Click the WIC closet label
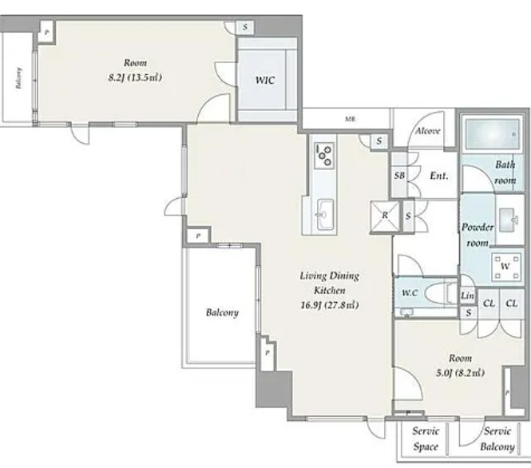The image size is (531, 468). coord(265,80)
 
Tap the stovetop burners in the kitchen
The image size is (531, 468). coord(324,156)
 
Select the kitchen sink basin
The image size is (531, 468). coord(325,214)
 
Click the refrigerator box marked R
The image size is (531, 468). coord(385,217)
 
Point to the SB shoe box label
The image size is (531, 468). coord(399,176)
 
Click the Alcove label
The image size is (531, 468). coord(428,131)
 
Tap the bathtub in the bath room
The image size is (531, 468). coord(493,134)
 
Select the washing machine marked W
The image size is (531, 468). coord(506,267)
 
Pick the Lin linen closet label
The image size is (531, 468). coord(467,295)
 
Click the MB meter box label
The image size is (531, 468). coord(351,119)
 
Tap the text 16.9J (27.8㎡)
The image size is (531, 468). coord(330,305)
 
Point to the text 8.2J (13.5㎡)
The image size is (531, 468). coord(135,77)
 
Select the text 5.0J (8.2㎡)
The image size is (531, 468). coord(460,373)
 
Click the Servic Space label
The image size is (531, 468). coord(426,439)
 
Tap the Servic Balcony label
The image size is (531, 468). coord(497,439)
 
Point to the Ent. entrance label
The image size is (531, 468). coord(439,176)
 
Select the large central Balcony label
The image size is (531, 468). coord(222,312)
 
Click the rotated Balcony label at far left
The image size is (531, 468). coord(18,78)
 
